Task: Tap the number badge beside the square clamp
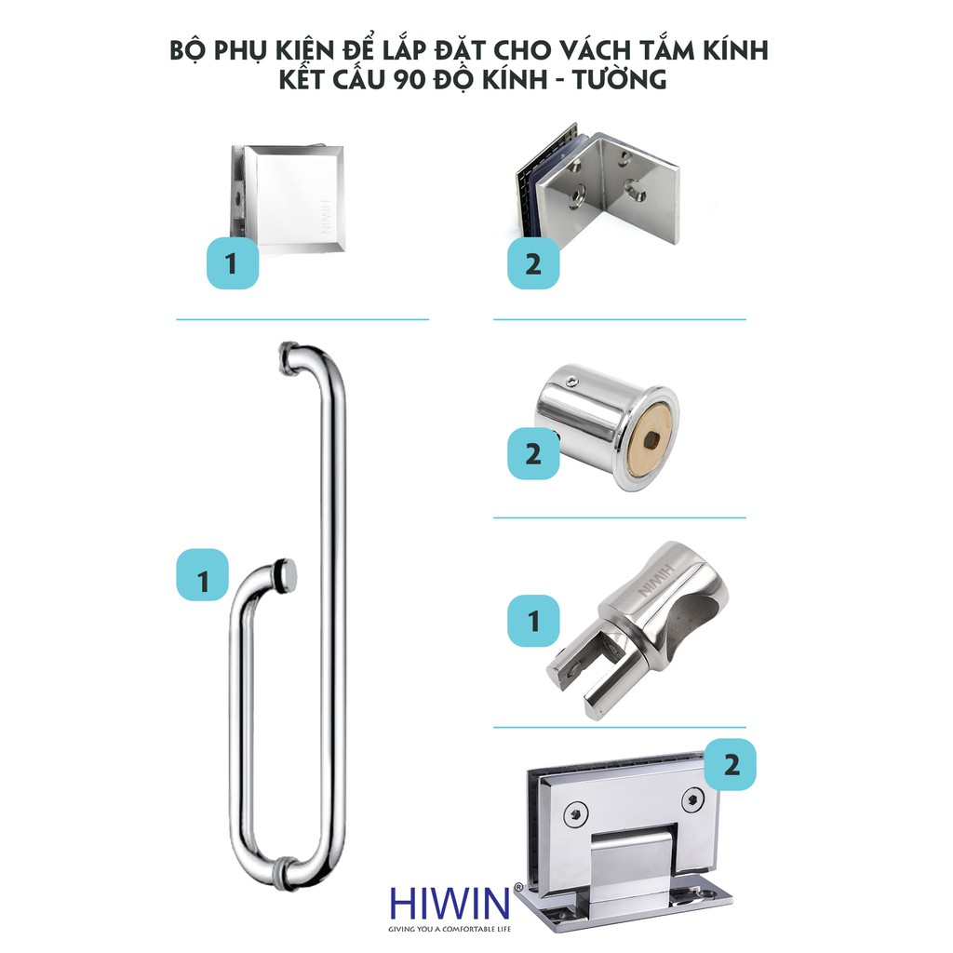click(x=232, y=263)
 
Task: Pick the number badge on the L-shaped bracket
click(x=533, y=263)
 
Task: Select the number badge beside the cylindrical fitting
click(x=533, y=453)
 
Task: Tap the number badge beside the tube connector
click(x=533, y=621)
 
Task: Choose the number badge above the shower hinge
click(x=731, y=765)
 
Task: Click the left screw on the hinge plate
click(x=575, y=814)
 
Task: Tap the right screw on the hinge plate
click(x=692, y=799)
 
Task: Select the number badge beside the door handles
click(x=202, y=576)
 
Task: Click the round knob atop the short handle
click(x=286, y=574)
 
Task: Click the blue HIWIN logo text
click(x=449, y=904)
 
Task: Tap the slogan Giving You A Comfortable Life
click(x=450, y=929)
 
